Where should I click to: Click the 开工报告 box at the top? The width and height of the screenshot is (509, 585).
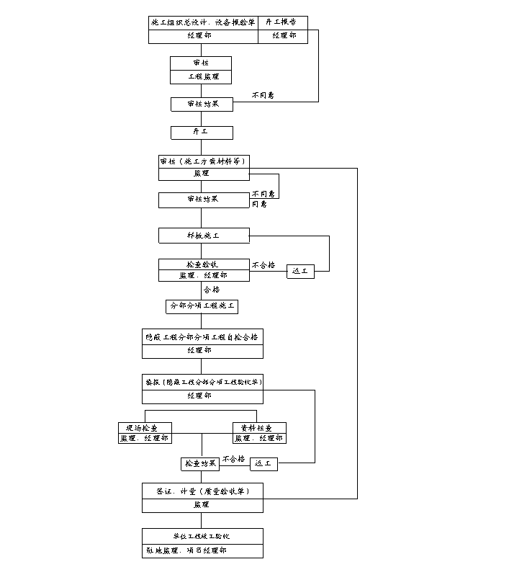pos(282,22)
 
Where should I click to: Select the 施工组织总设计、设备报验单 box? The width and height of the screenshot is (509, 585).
pos(202,22)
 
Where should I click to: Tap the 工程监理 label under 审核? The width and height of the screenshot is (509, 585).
pos(201,76)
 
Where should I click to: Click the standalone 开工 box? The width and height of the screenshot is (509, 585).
pos(201,133)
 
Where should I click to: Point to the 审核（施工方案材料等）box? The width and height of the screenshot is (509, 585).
pos(204,161)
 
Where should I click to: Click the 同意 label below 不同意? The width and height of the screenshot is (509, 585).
pos(258,205)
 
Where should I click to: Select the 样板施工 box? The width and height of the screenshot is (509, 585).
pos(204,236)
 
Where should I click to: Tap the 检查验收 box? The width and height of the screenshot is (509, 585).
pos(204,264)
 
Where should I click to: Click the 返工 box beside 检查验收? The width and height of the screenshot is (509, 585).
pos(300,272)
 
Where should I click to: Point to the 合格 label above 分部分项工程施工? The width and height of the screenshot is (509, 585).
pos(211,290)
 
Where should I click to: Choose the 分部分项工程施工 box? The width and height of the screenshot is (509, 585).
pos(202,306)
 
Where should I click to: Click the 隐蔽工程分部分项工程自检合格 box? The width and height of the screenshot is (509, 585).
pos(202,336)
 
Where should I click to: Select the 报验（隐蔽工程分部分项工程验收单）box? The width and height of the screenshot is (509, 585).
pos(202,382)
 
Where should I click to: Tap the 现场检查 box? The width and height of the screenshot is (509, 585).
pos(145,428)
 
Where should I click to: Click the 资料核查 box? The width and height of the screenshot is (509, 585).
pos(259,428)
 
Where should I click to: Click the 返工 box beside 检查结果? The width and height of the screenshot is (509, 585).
pos(263,464)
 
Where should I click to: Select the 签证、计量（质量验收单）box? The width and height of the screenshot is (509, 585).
pos(202,491)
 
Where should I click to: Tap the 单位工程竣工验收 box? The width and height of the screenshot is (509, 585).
pos(202,536)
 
